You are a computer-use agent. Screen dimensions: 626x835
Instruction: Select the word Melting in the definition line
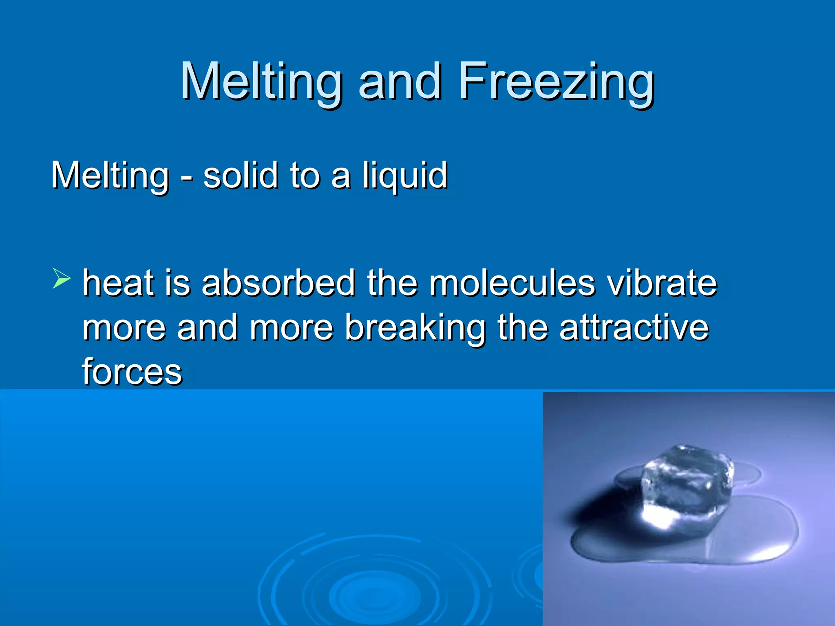pos(110,176)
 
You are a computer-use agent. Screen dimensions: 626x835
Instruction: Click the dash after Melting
pos(186,178)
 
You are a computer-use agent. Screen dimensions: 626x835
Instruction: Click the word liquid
pos(405,176)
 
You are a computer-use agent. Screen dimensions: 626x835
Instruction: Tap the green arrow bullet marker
pos(61,279)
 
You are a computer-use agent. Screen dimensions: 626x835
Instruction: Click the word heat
pos(118,283)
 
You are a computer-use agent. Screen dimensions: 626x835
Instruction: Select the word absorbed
pos(278,283)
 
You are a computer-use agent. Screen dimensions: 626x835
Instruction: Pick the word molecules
pos(512,283)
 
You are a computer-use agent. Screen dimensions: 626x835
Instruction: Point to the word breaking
pos(416,328)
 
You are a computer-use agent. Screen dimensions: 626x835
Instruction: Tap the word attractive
pos(634,328)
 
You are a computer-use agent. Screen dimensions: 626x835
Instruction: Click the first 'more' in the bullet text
pos(124,328)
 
